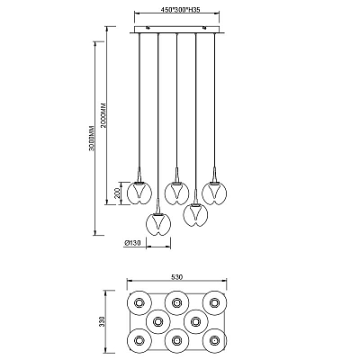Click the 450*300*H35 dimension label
tap(180, 10)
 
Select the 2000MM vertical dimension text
tap(103, 116)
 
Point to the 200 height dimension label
tap(118, 193)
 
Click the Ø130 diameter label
tap(132, 243)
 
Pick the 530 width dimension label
tap(176, 277)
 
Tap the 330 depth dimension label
tap(102, 320)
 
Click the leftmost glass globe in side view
tap(139, 193)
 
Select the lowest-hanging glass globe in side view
tap(158, 224)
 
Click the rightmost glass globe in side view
tap(214, 193)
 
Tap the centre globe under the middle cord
tap(176, 193)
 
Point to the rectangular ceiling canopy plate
tap(176, 30)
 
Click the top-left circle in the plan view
tap(139, 303)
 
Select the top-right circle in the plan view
tap(214, 303)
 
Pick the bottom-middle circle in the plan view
tap(176, 340)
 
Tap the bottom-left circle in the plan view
tap(139, 340)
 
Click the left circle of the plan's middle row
tap(158, 322)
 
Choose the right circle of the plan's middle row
tap(195, 322)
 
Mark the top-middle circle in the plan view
tap(176, 303)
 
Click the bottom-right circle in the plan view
tap(214, 340)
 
